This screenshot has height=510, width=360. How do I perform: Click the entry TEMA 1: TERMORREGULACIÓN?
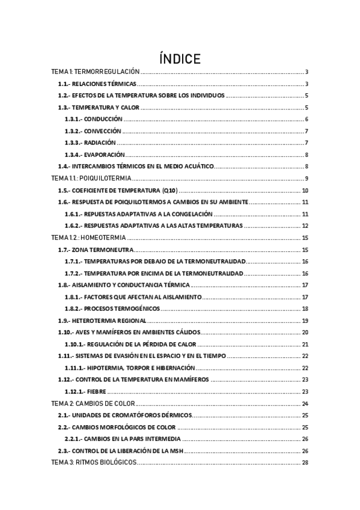[x=96, y=72]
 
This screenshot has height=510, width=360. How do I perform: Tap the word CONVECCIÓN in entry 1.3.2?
[x=103, y=131]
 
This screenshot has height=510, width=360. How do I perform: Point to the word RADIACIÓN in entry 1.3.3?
[x=99, y=143]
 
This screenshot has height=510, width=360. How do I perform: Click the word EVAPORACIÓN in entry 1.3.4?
[x=105, y=155]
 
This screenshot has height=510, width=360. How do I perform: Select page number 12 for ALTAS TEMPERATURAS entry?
[x=305, y=226]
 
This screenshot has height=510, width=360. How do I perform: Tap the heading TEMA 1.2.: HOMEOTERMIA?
[x=89, y=238]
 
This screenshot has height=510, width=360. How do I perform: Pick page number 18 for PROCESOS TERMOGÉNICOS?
[x=305, y=309]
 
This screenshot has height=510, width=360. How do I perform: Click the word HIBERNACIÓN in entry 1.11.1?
[x=175, y=367]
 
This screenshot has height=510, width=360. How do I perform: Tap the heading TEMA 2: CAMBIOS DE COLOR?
[x=94, y=403]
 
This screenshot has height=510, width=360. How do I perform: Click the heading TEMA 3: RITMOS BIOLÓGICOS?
[x=95, y=462]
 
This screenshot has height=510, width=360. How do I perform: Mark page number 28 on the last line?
[x=305, y=462]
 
